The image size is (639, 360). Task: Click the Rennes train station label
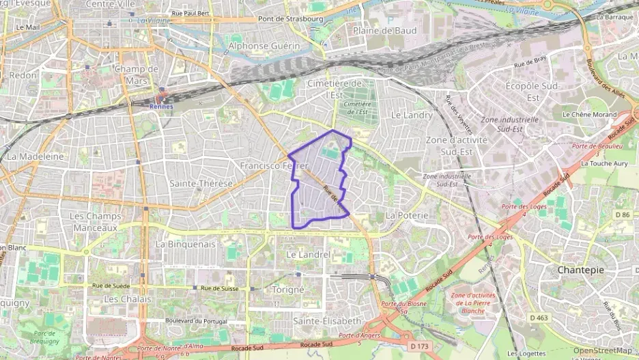pyautogui.click(x=161, y=106)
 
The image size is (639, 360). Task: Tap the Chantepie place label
pyautogui.click(x=580, y=270)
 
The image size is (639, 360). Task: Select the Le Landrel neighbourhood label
pyautogui.click(x=308, y=254)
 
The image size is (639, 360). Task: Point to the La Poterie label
pyautogui.click(x=407, y=214)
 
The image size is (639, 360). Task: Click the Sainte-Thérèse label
pyautogui.click(x=201, y=183)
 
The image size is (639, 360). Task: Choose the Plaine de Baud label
pyautogui.click(x=385, y=31)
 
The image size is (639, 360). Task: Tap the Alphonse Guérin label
pyautogui.click(x=264, y=46)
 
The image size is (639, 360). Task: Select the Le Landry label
pyautogui.click(x=412, y=115)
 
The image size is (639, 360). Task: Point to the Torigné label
pyautogui.click(x=288, y=289)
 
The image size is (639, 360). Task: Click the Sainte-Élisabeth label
pyautogui.click(x=327, y=320)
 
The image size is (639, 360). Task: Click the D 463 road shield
pyautogui.click(x=539, y=318)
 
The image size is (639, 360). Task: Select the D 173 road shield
pyautogui.click(x=421, y=335)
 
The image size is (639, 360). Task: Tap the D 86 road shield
pyautogui.click(x=622, y=214)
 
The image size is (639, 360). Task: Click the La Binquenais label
pyautogui.click(x=186, y=243)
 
